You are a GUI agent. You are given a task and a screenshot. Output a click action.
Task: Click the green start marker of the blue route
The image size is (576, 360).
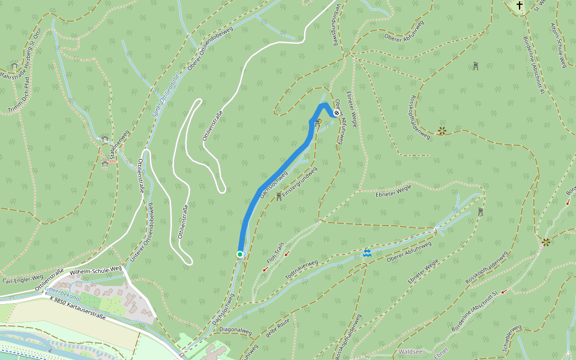point(240,254)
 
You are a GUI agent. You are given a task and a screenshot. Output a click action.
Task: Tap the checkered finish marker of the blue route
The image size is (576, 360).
point(337,112)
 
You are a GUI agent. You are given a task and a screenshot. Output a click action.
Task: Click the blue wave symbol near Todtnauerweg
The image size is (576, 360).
point(367,253)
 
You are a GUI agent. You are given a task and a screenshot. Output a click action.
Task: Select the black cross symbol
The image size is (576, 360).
point(520,6)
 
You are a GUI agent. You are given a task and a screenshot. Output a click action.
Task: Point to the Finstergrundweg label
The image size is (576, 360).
point(300,183)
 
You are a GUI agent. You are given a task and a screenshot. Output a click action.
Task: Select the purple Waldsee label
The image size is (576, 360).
point(412,352)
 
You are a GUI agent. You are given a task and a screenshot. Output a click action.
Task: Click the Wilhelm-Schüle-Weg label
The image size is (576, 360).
point(96,272)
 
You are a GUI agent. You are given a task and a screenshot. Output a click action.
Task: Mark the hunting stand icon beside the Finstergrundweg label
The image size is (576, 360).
point(279,196)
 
